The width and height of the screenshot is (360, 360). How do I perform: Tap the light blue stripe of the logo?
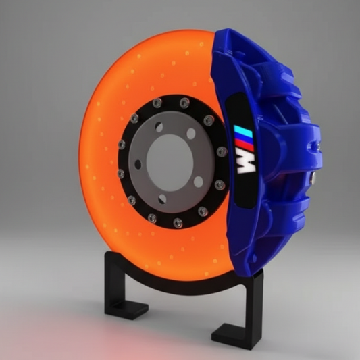point(239,132)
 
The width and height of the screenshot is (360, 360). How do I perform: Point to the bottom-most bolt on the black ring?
point(178,223)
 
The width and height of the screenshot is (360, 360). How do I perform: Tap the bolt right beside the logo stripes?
point(222,151)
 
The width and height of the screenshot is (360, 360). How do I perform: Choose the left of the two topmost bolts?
point(157,103)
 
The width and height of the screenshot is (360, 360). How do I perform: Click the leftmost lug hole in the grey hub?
point(138,164)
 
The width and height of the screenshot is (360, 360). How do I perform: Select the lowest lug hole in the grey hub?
point(163,199)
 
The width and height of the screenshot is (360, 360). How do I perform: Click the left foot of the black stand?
point(124,309)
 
